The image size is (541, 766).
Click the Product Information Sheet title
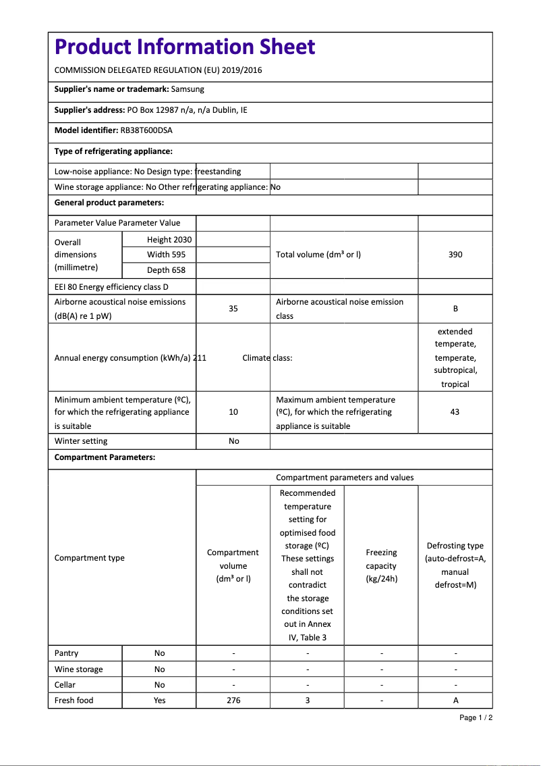pyautogui.click(x=185, y=47)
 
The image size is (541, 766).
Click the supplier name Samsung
pyautogui.click(x=188, y=89)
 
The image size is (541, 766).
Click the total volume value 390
pyautogui.click(x=455, y=255)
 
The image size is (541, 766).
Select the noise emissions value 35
pyautogui.click(x=233, y=309)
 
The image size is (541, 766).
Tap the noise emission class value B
pyautogui.click(x=455, y=309)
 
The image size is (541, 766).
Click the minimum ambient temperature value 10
pyautogui.click(x=233, y=412)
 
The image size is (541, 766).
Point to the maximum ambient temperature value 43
pyautogui.click(x=455, y=412)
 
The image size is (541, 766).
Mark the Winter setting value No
pyautogui.click(x=233, y=441)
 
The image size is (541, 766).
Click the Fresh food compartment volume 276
pyautogui.click(x=233, y=700)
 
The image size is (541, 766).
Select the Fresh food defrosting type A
pyautogui.click(x=455, y=700)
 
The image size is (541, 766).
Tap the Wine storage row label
pyautogui.click(x=79, y=669)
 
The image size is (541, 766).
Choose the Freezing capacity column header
pyautogui.click(x=381, y=566)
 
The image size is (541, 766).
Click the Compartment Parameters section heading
pyautogui.click(x=105, y=457)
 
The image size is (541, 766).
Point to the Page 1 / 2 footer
pyautogui.click(x=476, y=717)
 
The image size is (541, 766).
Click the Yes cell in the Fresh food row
pyautogui.click(x=159, y=700)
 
